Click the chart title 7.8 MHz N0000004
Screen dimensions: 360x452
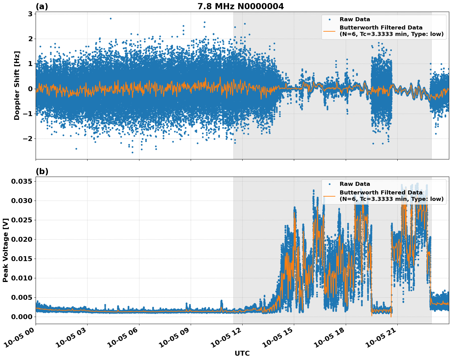tap(240, 6)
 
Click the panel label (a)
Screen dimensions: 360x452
tap(42, 6)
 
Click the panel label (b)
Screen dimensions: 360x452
tap(42, 171)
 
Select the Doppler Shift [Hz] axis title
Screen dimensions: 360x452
tap(17, 85)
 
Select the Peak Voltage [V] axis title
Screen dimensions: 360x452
tap(5, 250)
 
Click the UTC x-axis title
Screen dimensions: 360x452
tap(242, 353)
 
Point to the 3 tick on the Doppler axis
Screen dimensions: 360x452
tap(30, 14)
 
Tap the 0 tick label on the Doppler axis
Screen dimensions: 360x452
tap(30, 89)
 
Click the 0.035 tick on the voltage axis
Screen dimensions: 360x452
tap(21, 182)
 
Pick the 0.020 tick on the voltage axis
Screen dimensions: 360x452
tap(21, 239)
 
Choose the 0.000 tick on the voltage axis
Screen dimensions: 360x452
tap(21, 317)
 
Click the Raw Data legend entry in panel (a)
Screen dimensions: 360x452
tap(355, 19)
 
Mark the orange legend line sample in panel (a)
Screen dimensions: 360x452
tap(329, 31)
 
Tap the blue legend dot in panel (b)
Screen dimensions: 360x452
tap(329, 184)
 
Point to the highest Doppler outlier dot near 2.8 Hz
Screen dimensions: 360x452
tap(111, 18)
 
